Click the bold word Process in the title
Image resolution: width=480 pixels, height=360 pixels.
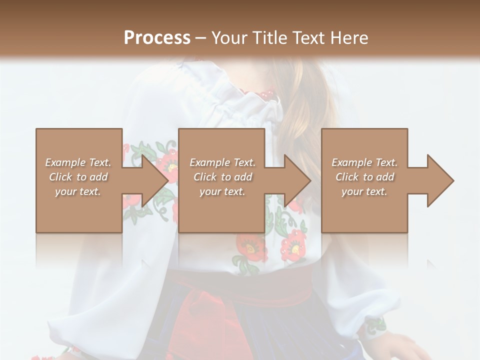[157, 37]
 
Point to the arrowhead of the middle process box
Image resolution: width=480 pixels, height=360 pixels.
[296, 180]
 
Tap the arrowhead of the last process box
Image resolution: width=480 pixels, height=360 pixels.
[439, 180]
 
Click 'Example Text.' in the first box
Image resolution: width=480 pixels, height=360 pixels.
[78, 162]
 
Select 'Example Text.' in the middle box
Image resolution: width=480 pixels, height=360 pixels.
[222, 162]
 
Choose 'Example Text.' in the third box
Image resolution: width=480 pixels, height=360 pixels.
[364, 162]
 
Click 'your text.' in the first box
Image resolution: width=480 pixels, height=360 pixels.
[78, 191]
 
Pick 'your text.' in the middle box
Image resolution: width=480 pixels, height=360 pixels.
[222, 191]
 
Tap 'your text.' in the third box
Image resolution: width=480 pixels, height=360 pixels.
[364, 191]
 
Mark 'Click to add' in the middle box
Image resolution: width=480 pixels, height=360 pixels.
[222, 177]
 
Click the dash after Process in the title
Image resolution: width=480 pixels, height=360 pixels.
[201, 38]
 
